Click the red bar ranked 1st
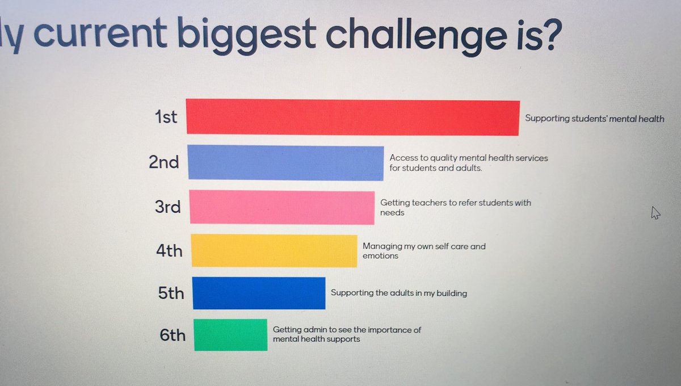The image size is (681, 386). tap(352, 118)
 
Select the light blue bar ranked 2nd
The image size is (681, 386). tap(285, 163)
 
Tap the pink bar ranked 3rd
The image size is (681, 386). tap(281, 207)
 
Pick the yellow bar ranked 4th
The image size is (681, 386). tap(274, 250)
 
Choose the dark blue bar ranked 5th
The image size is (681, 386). tap(259, 293)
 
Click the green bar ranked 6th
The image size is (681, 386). tap(230, 335)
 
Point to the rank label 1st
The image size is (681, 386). tap(166, 118)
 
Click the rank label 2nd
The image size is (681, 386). tap(163, 162)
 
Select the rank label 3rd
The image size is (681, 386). tap(167, 207)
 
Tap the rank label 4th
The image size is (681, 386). tap(169, 250)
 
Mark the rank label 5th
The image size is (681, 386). tap(171, 293)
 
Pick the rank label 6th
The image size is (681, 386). tap(173, 335)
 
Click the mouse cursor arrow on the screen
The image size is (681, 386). tap(655, 213)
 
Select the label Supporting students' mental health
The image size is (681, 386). tap(594, 119)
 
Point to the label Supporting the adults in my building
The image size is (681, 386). tap(398, 293)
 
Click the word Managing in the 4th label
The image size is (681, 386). tap(382, 247)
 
